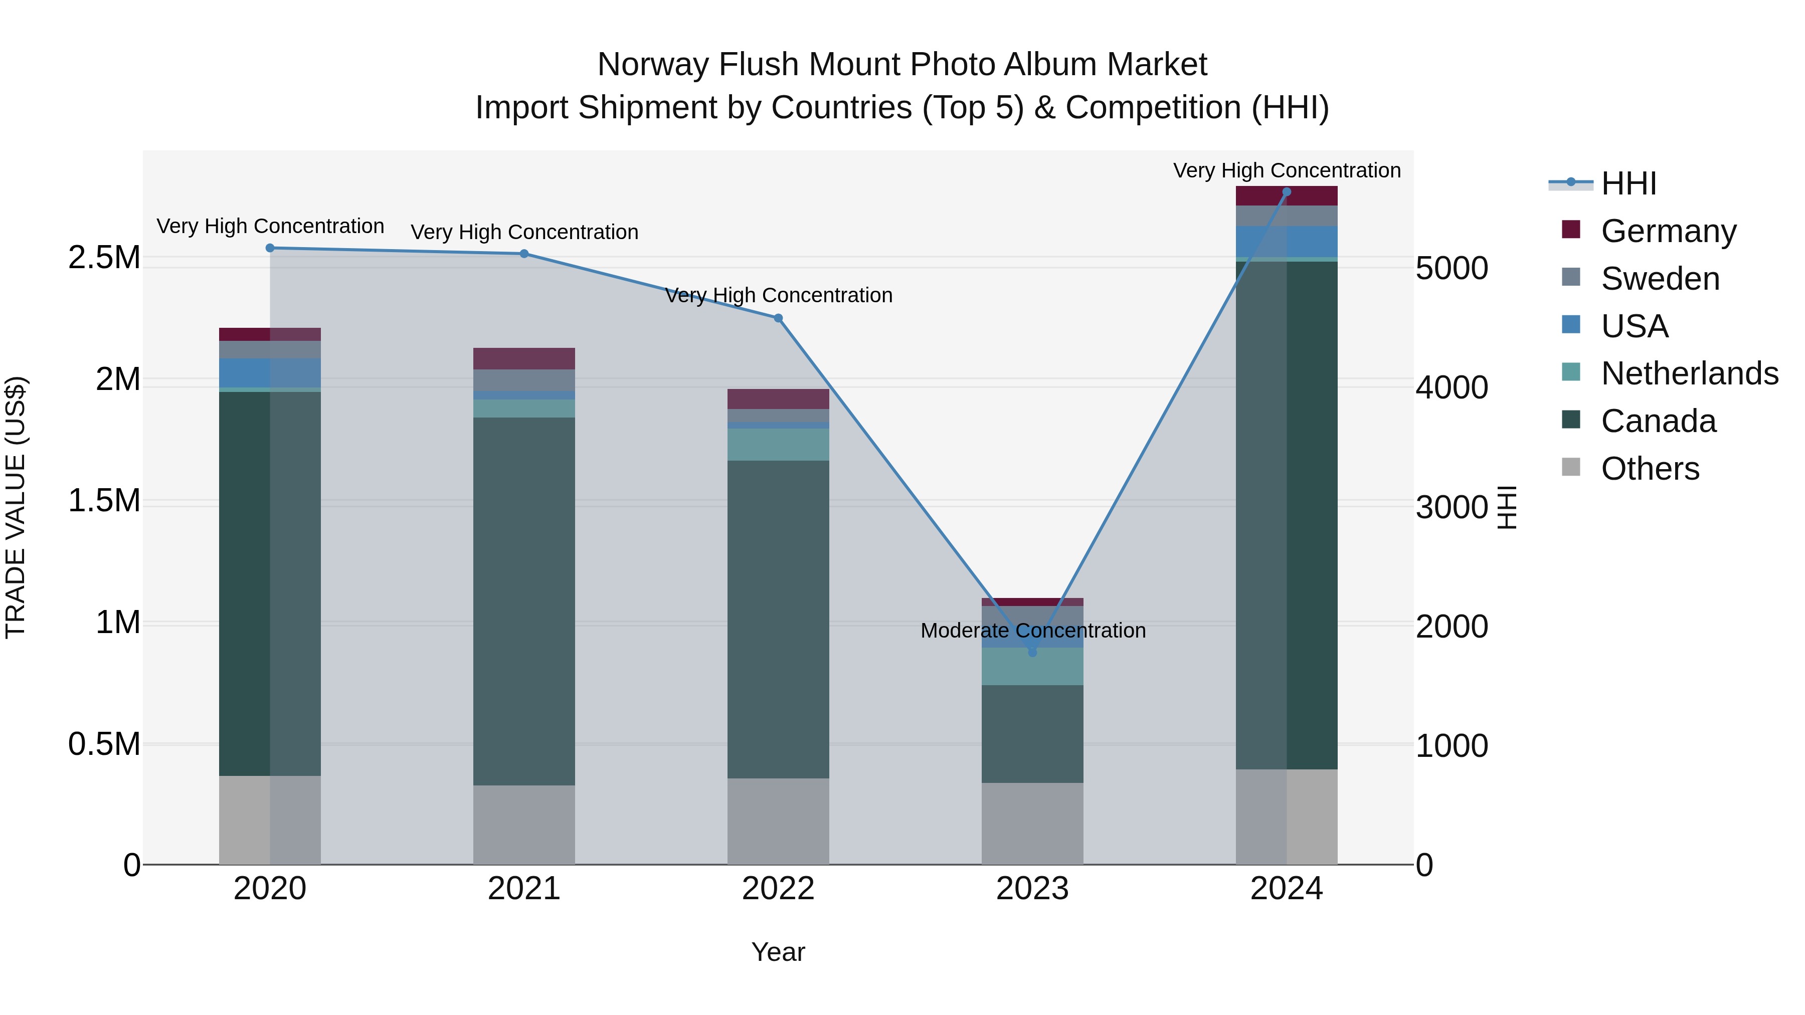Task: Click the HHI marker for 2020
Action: coord(270,248)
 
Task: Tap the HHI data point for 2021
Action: coord(524,254)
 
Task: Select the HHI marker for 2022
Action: coord(778,318)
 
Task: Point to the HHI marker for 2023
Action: coord(1032,652)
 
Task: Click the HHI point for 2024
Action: coord(1287,192)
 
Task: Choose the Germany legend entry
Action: coord(1668,231)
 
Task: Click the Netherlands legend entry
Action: coord(1689,373)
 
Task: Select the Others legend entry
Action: coord(1650,469)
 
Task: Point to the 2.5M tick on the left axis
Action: coord(104,258)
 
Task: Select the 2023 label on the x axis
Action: coord(1032,889)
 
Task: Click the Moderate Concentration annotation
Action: coord(1033,631)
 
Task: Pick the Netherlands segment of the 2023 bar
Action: coord(1032,666)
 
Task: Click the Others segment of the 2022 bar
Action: coord(778,821)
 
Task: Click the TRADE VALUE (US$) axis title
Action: coord(16,507)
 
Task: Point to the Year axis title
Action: coord(778,952)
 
